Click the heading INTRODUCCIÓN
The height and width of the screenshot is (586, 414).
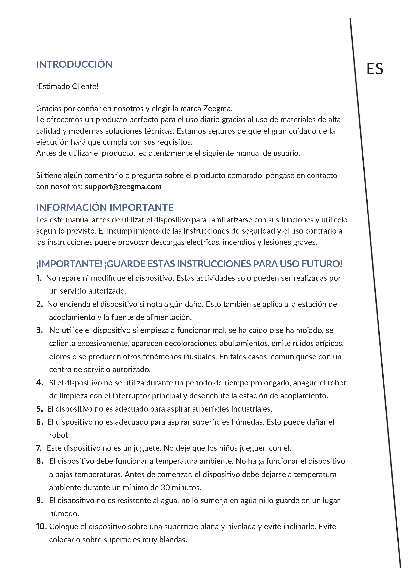pos(74,64)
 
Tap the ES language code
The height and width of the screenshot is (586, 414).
pos(374,69)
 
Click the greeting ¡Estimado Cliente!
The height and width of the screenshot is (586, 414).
pos(67,86)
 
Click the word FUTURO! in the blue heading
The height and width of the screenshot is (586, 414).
pos(322,264)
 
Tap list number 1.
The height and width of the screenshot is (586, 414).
pos(39,278)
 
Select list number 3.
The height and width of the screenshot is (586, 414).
pos(39,330)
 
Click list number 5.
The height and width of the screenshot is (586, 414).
pos(39,409)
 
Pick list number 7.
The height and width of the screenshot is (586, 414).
pos(39,448)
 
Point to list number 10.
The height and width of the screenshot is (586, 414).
pos(41,527)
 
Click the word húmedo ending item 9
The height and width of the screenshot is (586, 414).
pos(64,514)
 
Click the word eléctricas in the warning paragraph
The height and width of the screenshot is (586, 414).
pos(203,242)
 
